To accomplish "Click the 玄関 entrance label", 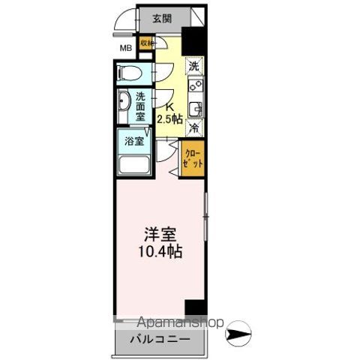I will pos(160,19).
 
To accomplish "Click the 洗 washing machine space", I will pos(193,66).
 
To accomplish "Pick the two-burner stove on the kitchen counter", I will pos(194,87).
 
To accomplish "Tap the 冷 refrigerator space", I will pos(193,128).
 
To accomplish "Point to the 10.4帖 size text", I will pos(160,251).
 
